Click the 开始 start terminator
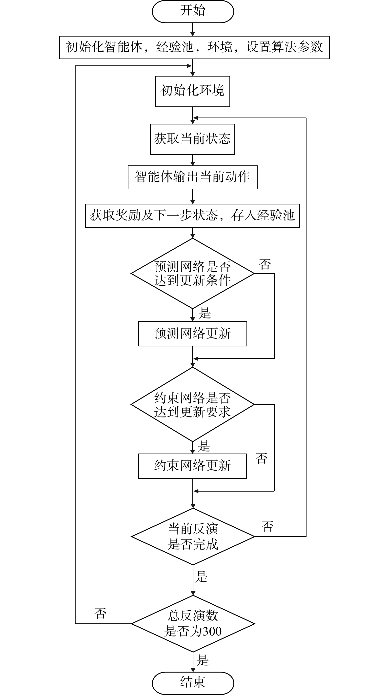193,11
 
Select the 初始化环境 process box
192,91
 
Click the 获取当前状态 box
192,139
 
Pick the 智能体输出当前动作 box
192,177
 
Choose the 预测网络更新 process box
192,334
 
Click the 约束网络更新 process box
192,466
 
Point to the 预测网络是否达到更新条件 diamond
192,273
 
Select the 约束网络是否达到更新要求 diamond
192,404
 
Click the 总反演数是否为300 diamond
193,623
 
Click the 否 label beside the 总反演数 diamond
100,614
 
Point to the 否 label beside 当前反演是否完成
267,527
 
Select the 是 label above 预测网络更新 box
204,314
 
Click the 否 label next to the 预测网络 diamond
265,265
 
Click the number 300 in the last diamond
212,632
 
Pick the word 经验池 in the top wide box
175,47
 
